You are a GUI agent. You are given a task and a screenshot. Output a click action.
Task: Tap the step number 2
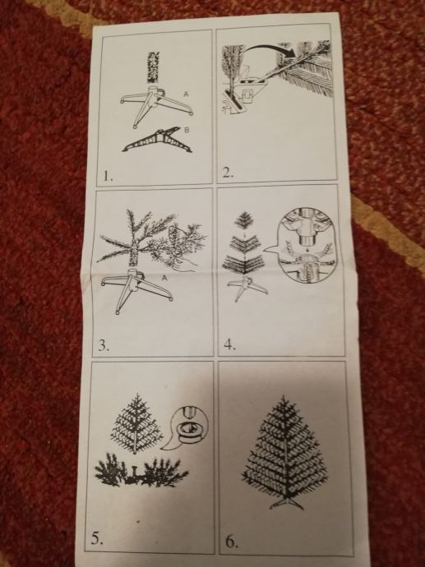pos(228,173)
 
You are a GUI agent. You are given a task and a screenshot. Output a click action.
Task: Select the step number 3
pos(104,346)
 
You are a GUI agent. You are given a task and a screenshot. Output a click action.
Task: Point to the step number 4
pos(230,345)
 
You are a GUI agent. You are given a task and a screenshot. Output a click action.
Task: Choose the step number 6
pos(232,542)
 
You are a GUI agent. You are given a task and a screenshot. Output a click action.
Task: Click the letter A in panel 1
pos(186,94)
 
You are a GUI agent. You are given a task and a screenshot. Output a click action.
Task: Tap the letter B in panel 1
pos(187,130)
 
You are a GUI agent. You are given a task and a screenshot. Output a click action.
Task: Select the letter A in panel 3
pos(165,278)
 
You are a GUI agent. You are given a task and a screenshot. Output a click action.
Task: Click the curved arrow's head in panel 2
pos(290,52)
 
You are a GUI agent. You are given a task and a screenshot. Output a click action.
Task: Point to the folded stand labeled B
pos(157,141)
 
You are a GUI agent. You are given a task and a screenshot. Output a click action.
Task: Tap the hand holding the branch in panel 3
pos(184,265)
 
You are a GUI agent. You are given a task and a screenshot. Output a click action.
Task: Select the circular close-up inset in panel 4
pos(307,244)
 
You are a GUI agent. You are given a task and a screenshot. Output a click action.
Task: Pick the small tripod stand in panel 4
pos(247,288)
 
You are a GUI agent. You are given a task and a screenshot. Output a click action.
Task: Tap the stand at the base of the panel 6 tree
pos(286,503)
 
